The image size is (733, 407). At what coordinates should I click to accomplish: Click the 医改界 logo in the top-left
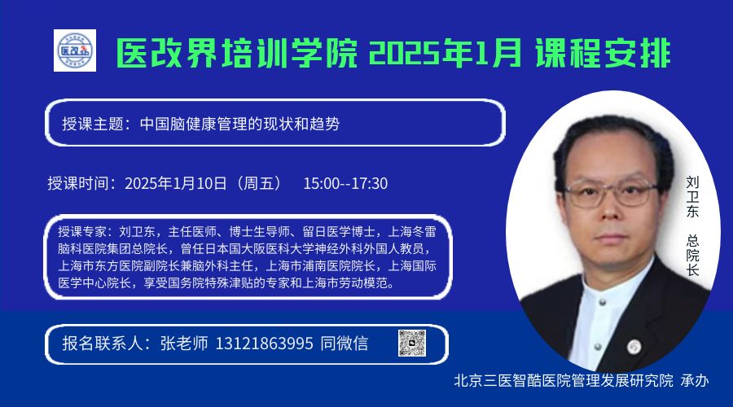coord(75,50)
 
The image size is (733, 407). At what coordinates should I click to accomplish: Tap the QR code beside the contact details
coord(412,344)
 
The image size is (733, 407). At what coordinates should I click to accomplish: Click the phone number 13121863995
coord(264,344)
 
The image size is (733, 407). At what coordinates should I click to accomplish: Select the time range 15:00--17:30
coord(345,183)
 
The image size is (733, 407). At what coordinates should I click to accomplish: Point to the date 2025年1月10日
coord(176,183)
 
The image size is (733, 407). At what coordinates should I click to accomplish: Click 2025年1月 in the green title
coord(445,53)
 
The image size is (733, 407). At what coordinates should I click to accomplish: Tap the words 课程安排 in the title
coord(603,53)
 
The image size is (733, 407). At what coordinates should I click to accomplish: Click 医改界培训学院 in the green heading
coord(237,53)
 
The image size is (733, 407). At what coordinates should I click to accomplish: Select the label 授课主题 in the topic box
coord(93,124)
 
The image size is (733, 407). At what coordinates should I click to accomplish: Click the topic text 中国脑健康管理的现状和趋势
coord(239,124)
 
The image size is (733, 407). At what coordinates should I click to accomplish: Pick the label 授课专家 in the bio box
coord(81,232)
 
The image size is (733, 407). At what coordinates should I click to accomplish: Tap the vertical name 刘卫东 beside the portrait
coord(692,197)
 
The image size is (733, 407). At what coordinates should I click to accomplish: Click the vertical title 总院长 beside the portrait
coord(692,255)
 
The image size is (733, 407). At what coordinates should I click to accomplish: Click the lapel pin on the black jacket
coord(634,346)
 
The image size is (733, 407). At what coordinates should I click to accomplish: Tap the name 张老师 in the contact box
coord(184,344)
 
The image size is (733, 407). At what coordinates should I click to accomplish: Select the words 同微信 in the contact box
coord(344,344)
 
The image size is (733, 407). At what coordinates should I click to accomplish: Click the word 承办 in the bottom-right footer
coord(695,380)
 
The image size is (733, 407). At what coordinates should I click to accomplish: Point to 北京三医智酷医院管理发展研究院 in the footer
coord(564,380)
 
